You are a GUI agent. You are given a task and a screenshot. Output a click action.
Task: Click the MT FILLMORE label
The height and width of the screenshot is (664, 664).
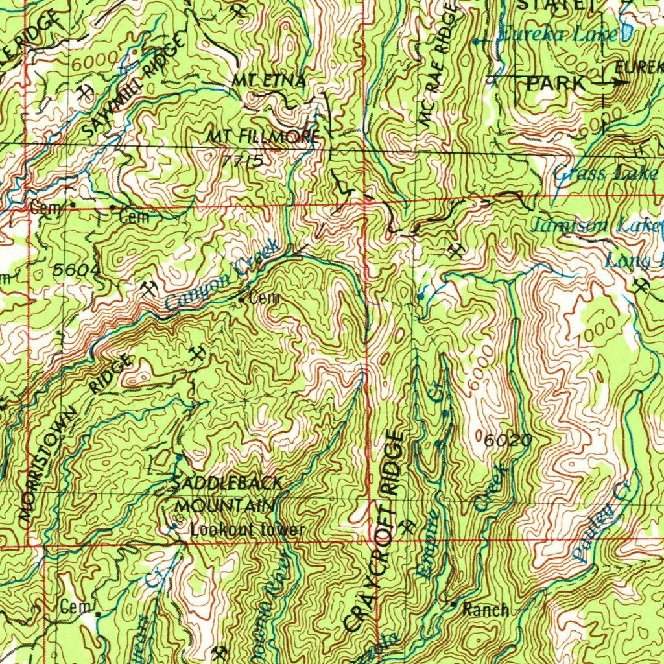[x=263, y=137]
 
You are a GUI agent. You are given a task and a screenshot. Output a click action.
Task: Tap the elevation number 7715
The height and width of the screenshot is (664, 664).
[x=243, y=160]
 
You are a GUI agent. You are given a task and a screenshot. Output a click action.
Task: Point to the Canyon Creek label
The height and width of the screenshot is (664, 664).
[x=222, y=274]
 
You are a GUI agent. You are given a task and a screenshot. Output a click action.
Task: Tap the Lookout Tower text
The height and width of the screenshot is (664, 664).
[x=247, y=530]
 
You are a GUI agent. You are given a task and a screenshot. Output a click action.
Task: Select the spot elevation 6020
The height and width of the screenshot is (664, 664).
[x=508, y=442]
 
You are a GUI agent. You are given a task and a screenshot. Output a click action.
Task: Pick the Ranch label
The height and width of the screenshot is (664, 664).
[x=485, y=610]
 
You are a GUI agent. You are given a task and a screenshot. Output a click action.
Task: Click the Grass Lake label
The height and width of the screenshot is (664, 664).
[x=606, y=173]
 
